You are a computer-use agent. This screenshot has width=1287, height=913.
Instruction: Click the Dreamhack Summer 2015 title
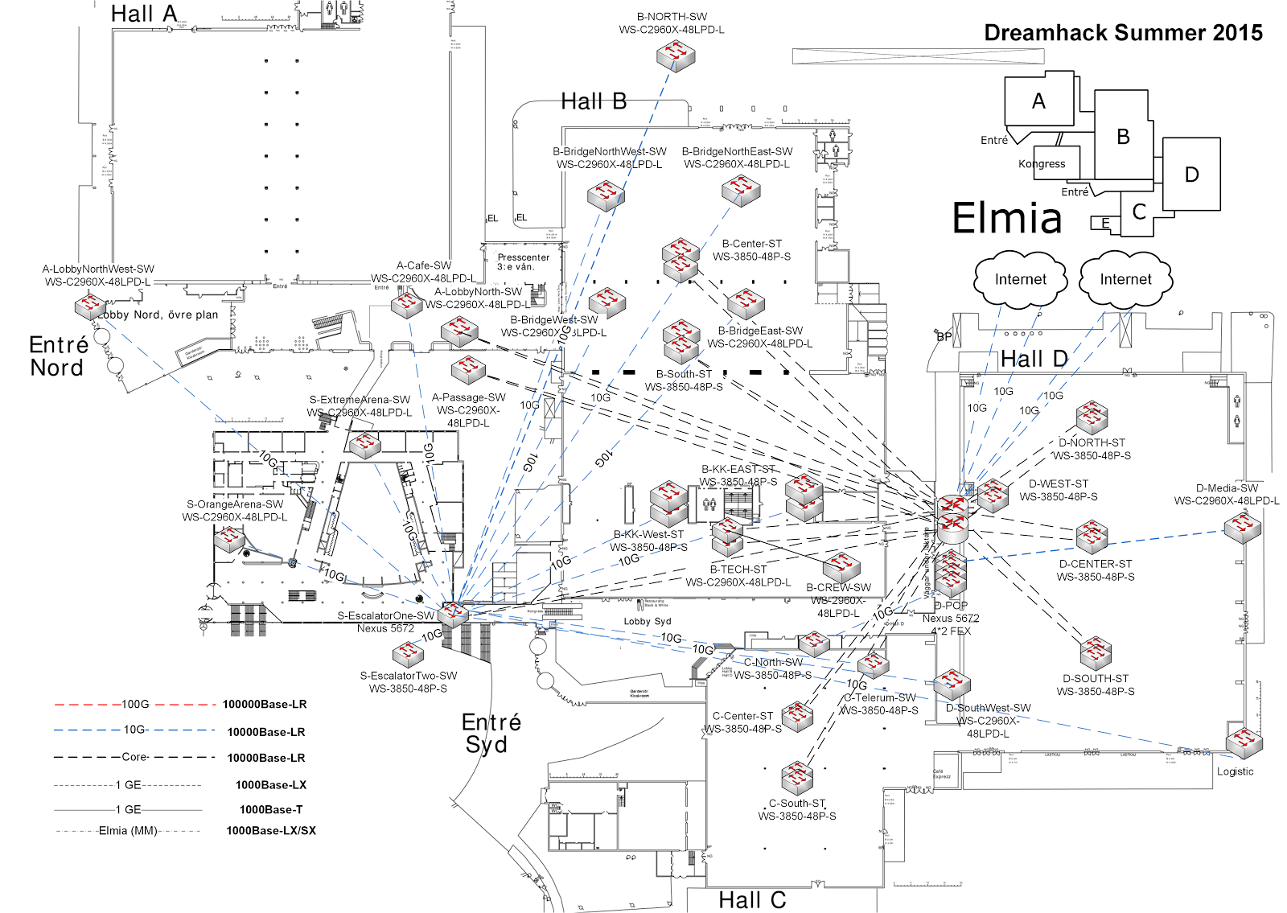click(x=1123, y=33)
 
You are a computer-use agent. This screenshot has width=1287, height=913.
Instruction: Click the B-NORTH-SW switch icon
click(x=675, y=56)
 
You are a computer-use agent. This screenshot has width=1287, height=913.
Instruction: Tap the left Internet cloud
click(x=1020, y=279)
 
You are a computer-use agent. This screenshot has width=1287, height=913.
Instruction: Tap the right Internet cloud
click(x=1125, y=279)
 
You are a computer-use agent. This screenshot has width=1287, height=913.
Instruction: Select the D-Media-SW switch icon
click(x=1242, y=528)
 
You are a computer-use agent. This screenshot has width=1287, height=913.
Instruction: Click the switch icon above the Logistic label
click(x=1244, y=742)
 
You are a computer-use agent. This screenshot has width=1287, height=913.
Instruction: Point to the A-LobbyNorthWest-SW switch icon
click(x=90, y=306)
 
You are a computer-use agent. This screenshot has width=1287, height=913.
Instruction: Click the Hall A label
click(x=144, y=14)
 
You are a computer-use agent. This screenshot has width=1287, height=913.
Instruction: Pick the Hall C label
click(x=752, y=900)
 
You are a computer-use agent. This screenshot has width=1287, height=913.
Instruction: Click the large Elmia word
click(x=1007, y=218)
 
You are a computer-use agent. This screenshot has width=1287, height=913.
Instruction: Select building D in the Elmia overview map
click(x=1191, y=175)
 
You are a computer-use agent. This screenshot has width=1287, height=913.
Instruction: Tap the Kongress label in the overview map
click(x=1042, y=164)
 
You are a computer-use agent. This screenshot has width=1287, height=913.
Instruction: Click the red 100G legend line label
click(x=135, y=704)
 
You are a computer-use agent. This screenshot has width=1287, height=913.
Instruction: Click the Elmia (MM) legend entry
click(x=128, y=830)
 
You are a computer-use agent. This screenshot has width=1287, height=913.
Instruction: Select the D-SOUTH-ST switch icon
click(x=1096, y=653)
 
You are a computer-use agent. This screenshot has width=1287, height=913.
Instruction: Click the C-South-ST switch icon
click(x=797, y=777)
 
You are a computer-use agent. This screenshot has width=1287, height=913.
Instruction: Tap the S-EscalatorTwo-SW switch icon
click(x=408, y=654)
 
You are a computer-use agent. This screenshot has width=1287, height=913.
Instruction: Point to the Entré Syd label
click(x=490, y=733)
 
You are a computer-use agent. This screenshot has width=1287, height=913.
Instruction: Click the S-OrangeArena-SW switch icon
click(x=229, y=539)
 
